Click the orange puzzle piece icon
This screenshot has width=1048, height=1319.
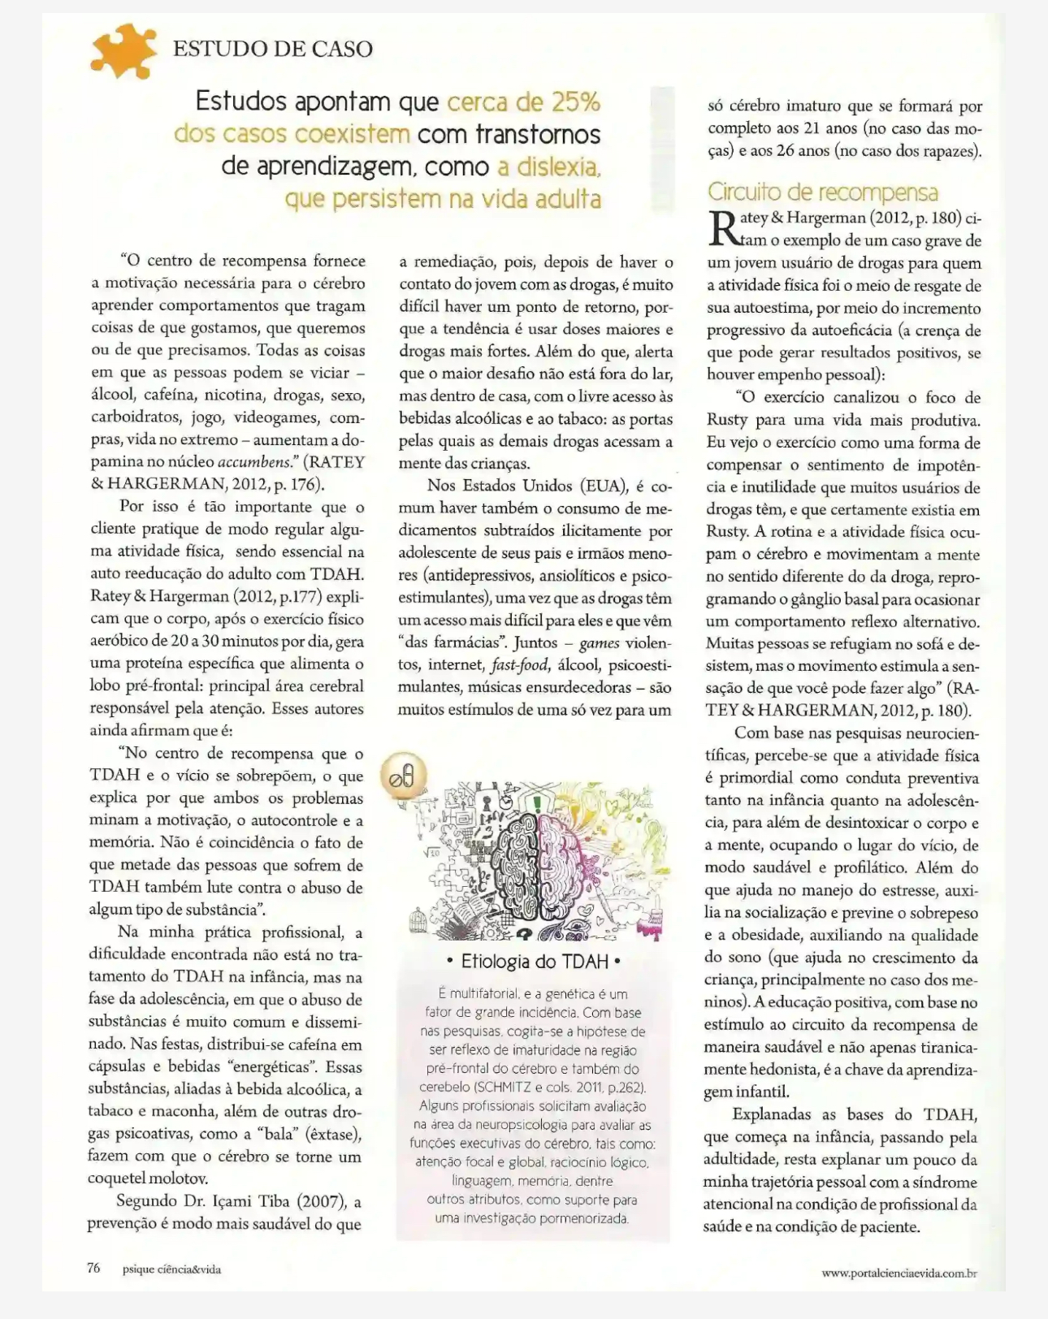(x=123, y=50)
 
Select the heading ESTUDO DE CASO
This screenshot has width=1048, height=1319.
(x=273, y=49)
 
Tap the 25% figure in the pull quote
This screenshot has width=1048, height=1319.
(x=575, y=102)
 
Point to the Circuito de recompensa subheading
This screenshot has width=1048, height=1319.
(x=822, y=192)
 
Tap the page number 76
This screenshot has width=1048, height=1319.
(x=93, y=1269)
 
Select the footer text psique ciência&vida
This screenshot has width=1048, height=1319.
(x=171, y=1269)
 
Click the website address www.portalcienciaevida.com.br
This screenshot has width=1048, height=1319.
(x=899, y=1273)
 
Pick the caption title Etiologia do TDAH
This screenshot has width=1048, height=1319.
(x=535, y=962)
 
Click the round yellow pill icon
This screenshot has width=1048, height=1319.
(x=402, y=776)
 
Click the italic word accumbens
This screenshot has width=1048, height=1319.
(x=255, y=462)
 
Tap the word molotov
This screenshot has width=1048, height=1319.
(x=179, y=1178)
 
